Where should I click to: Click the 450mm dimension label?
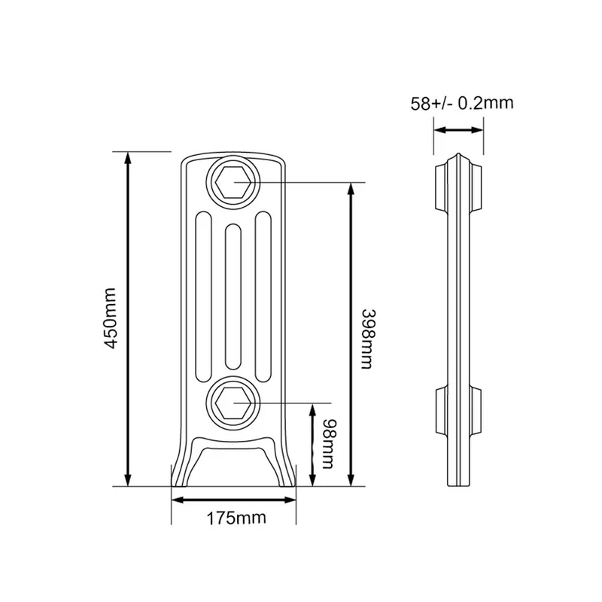[111, 318]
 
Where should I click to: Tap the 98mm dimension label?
[327, 443]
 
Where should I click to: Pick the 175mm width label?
[236, 518]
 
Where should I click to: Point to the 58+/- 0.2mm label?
[462, 103]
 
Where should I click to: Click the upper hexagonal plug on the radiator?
[233, 183]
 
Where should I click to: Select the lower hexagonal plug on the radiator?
[233, 403]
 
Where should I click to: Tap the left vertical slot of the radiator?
[203, 296]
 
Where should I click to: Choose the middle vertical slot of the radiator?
[233, 296]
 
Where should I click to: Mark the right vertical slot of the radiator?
[263, 296]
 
